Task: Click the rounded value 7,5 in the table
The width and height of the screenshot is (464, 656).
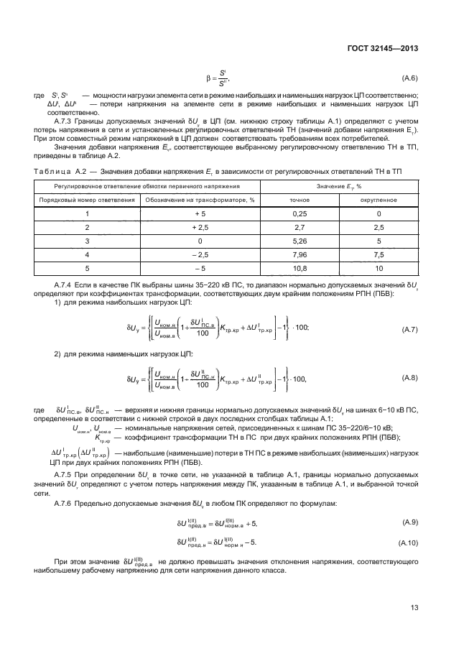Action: (x=379, y=254)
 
